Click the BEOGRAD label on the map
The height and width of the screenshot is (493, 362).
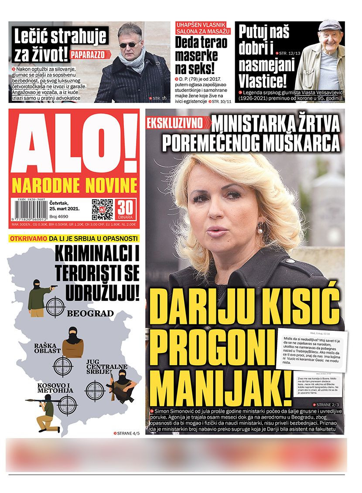(90, 313)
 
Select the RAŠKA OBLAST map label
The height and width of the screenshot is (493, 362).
(48, 348)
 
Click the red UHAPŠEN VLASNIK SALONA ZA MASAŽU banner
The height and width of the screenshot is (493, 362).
(203, 28)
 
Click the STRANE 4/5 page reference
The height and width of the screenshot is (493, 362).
(126, 433)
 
